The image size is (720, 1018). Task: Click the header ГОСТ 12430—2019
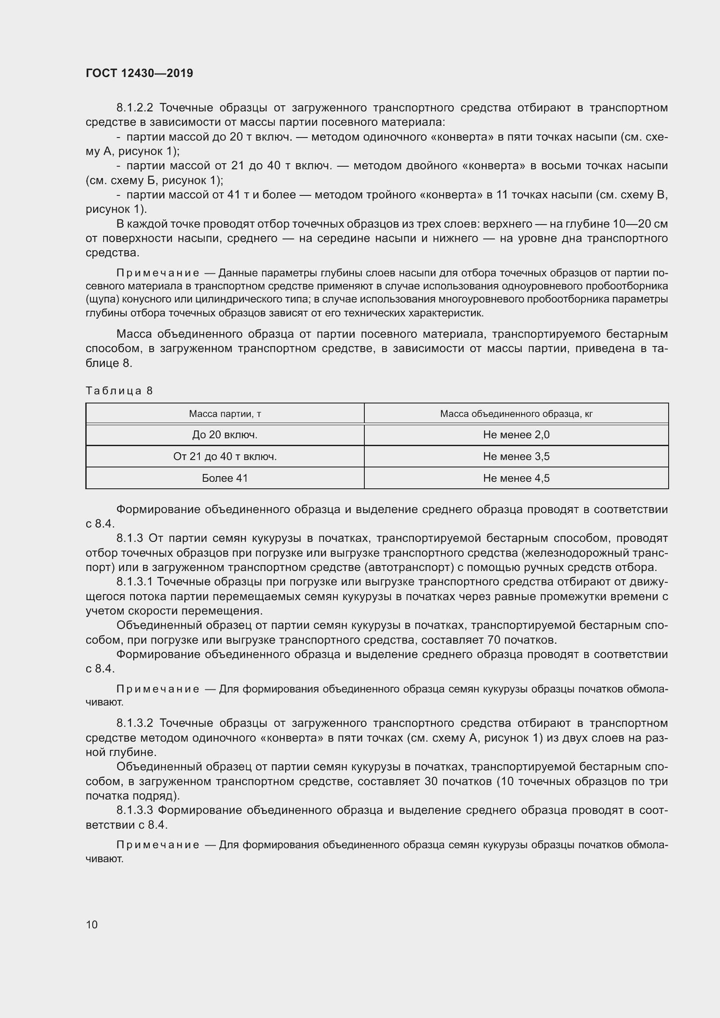coord(139,73)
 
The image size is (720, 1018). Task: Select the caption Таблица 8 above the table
coord(119,390)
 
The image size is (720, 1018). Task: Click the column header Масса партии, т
coord(225,413)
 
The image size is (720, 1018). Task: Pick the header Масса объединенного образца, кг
coord(516,413)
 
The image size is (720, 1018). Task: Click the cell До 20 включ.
coord(225,435)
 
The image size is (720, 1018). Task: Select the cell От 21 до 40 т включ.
coord(225,456)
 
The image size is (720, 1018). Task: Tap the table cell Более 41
coord(225,478)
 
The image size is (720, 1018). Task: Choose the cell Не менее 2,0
coord(516,435)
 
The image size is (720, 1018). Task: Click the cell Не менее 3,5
coord(516,456)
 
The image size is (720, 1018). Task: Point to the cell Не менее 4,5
coord(516,478)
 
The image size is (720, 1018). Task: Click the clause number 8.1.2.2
coord(135,108)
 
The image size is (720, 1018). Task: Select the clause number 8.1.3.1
coord(135,582)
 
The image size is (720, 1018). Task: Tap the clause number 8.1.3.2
coord(135,723)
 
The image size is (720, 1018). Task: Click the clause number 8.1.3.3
coord(135,810)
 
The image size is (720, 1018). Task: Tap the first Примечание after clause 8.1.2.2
coord(158,273)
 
